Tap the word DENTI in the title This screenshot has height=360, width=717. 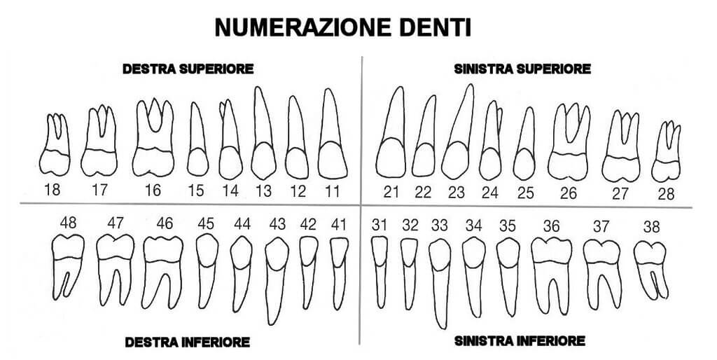431,28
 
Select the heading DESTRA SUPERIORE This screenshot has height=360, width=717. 188,69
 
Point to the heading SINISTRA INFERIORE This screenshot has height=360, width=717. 520,341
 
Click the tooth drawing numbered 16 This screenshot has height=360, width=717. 153,137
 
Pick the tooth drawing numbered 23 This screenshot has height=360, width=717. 458,132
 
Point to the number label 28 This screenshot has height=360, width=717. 666,194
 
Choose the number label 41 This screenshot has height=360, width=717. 338,225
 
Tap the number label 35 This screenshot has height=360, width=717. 508,226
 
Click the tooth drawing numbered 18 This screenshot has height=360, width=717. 55,144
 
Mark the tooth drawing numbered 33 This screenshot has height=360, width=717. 440,284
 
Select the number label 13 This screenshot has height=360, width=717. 263,191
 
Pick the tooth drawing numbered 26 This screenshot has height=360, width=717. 569,141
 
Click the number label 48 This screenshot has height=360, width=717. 68,223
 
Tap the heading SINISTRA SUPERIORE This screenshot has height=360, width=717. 522,69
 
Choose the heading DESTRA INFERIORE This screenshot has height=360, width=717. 188,342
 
